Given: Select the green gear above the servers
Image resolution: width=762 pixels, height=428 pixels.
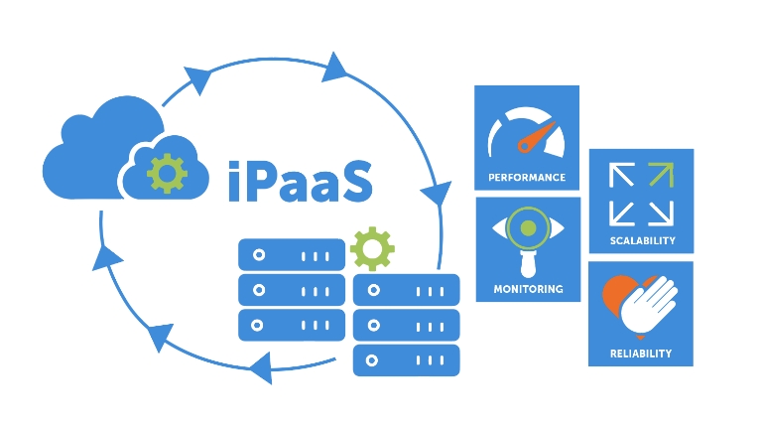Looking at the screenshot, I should pyautogui.click(x=372, y=248).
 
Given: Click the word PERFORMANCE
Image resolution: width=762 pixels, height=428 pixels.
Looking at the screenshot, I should pyautogui.click(x=527, y=178).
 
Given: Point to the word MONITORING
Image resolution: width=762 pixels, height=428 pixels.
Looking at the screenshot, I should pyautogui.click(x=528, y=289).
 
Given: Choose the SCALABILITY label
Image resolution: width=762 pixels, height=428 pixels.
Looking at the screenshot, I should pyautogui.click(x=642, y=240).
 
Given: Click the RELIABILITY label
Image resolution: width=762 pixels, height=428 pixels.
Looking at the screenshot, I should pyautogui.click(x=641, y=353).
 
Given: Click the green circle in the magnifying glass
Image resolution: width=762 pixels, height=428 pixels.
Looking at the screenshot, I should pyautogui.click(x=528, y=228).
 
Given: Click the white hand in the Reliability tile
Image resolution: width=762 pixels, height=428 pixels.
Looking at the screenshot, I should pyautogui.click(x=651, y=306).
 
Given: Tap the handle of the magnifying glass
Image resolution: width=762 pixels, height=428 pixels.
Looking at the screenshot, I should pyautogui.click(x=528, y=262).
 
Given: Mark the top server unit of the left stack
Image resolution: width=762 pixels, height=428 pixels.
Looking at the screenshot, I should pyautogui.click(x=291, y=255).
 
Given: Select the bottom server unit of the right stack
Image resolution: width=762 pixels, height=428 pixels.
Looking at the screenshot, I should pyautogui.click(x=407, y=358).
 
